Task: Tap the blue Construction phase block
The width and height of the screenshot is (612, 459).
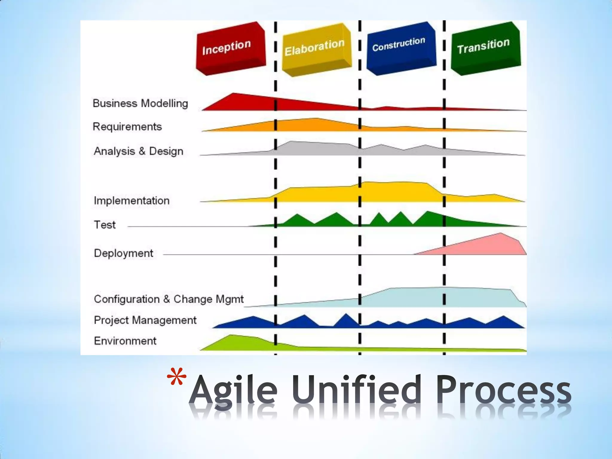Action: (x=401, y=48)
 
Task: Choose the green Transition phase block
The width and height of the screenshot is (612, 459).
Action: (x=485, y=48)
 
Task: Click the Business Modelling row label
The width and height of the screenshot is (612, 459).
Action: (x=140, y=103)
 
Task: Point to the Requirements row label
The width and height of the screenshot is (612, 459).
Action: (x=127, y=127)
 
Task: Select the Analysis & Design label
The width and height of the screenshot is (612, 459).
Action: (x=138, y=151)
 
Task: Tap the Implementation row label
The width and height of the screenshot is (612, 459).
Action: (x=131, y=201)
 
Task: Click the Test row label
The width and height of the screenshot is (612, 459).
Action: (x=105, y=225)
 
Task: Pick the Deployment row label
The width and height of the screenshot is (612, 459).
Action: (x=123, y=253)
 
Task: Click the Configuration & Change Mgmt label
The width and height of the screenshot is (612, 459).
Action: (x=169, y=299)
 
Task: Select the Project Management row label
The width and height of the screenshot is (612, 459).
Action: (x=145, y=320)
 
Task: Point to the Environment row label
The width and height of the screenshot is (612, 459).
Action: (x=125, y=341)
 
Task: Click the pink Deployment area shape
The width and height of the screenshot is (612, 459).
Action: (x=490, y=245)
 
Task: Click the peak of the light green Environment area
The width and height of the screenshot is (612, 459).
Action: (x=232, y=336)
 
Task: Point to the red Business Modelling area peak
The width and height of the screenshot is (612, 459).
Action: (x=233, y=94)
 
